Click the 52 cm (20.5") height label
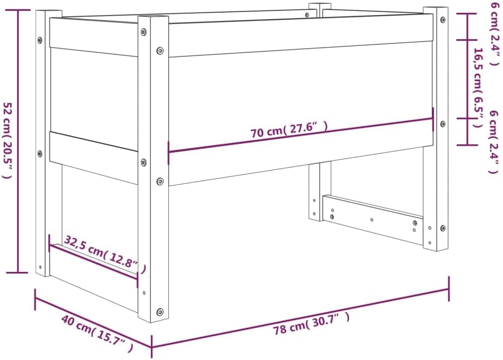click(x=8, y=141)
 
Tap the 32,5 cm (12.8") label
click(x=105, y=253)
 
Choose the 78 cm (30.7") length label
click(x=311, y=324)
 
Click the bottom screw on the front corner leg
click(x=160, y=312)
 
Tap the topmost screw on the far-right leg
click(x=443, y=20)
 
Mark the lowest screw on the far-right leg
click(x=443, y=229)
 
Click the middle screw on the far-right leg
click(x=443, y=124)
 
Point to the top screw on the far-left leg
click(x=40, y=40)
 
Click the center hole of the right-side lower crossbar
click(x=372, y=220)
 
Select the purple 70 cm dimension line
click(x=301, y=135)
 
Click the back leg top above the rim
click(x=320, y=6)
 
